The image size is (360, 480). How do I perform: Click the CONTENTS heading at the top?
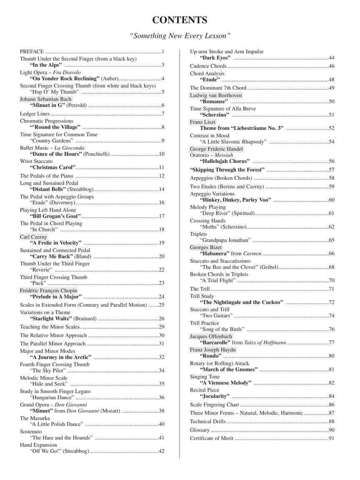click(180, 20)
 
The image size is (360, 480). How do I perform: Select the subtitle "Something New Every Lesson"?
click(180, 36)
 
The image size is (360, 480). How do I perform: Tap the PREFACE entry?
click(32, 52)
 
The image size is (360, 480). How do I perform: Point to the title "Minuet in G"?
click(47, 105)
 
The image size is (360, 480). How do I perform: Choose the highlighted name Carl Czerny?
click(34, 237)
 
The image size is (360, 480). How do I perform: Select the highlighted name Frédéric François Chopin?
click(49, 290)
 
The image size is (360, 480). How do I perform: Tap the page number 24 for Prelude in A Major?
click(162, 297)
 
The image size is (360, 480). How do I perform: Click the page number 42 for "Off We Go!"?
click(162, 451)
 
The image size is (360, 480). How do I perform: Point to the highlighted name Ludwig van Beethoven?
click(216, 95)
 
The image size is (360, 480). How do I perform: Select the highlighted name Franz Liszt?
click(202, 122)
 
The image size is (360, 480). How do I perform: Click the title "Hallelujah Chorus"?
click(225, 161)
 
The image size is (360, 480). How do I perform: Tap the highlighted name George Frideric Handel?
click(216, 149)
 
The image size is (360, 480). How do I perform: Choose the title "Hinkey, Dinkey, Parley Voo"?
click(235, 200)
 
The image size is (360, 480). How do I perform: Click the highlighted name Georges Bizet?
click(206, 247)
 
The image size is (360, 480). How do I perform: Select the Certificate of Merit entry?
click(212, 438)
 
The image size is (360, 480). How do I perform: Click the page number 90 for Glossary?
click(332, 430)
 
